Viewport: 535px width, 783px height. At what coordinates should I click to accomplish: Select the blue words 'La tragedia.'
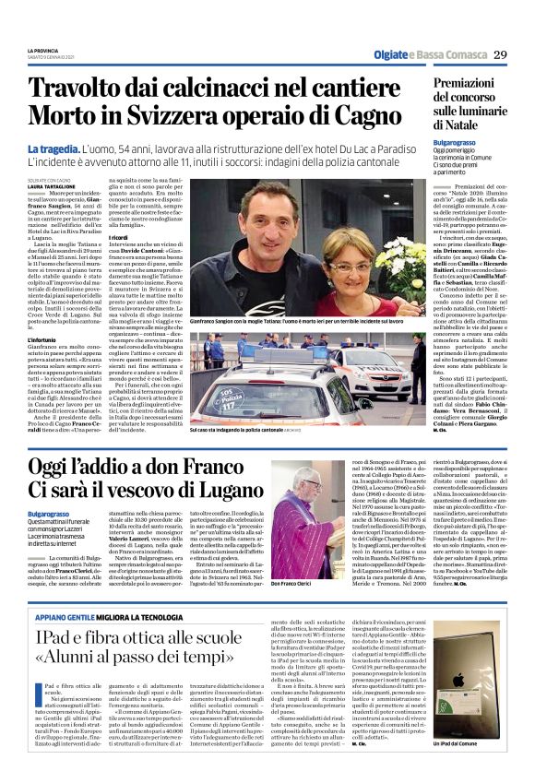53,148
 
